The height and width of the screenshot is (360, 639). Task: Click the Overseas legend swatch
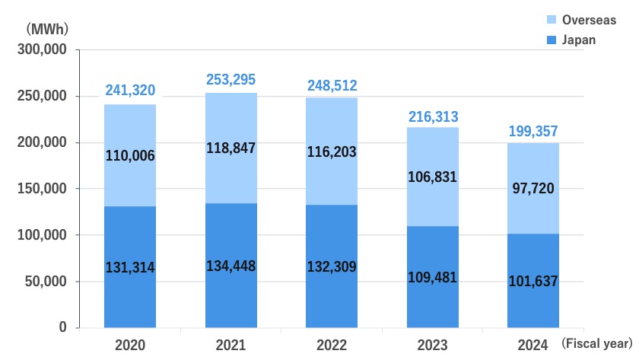click(550, 19)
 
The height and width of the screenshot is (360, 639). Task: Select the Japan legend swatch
click(550, 40)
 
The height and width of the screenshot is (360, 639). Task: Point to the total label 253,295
click(231, 80)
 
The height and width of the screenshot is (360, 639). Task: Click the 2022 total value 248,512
click(332, 85)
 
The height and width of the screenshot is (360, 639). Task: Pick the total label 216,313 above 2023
click(432, 116)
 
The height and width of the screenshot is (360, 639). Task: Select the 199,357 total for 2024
click(533, 131)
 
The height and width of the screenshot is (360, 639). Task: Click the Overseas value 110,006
click(130, 155)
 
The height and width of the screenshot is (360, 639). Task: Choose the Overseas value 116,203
click(332, 152)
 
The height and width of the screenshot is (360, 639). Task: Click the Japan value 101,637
click(533, 281)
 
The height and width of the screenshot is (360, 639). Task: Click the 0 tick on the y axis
click(64, 327)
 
